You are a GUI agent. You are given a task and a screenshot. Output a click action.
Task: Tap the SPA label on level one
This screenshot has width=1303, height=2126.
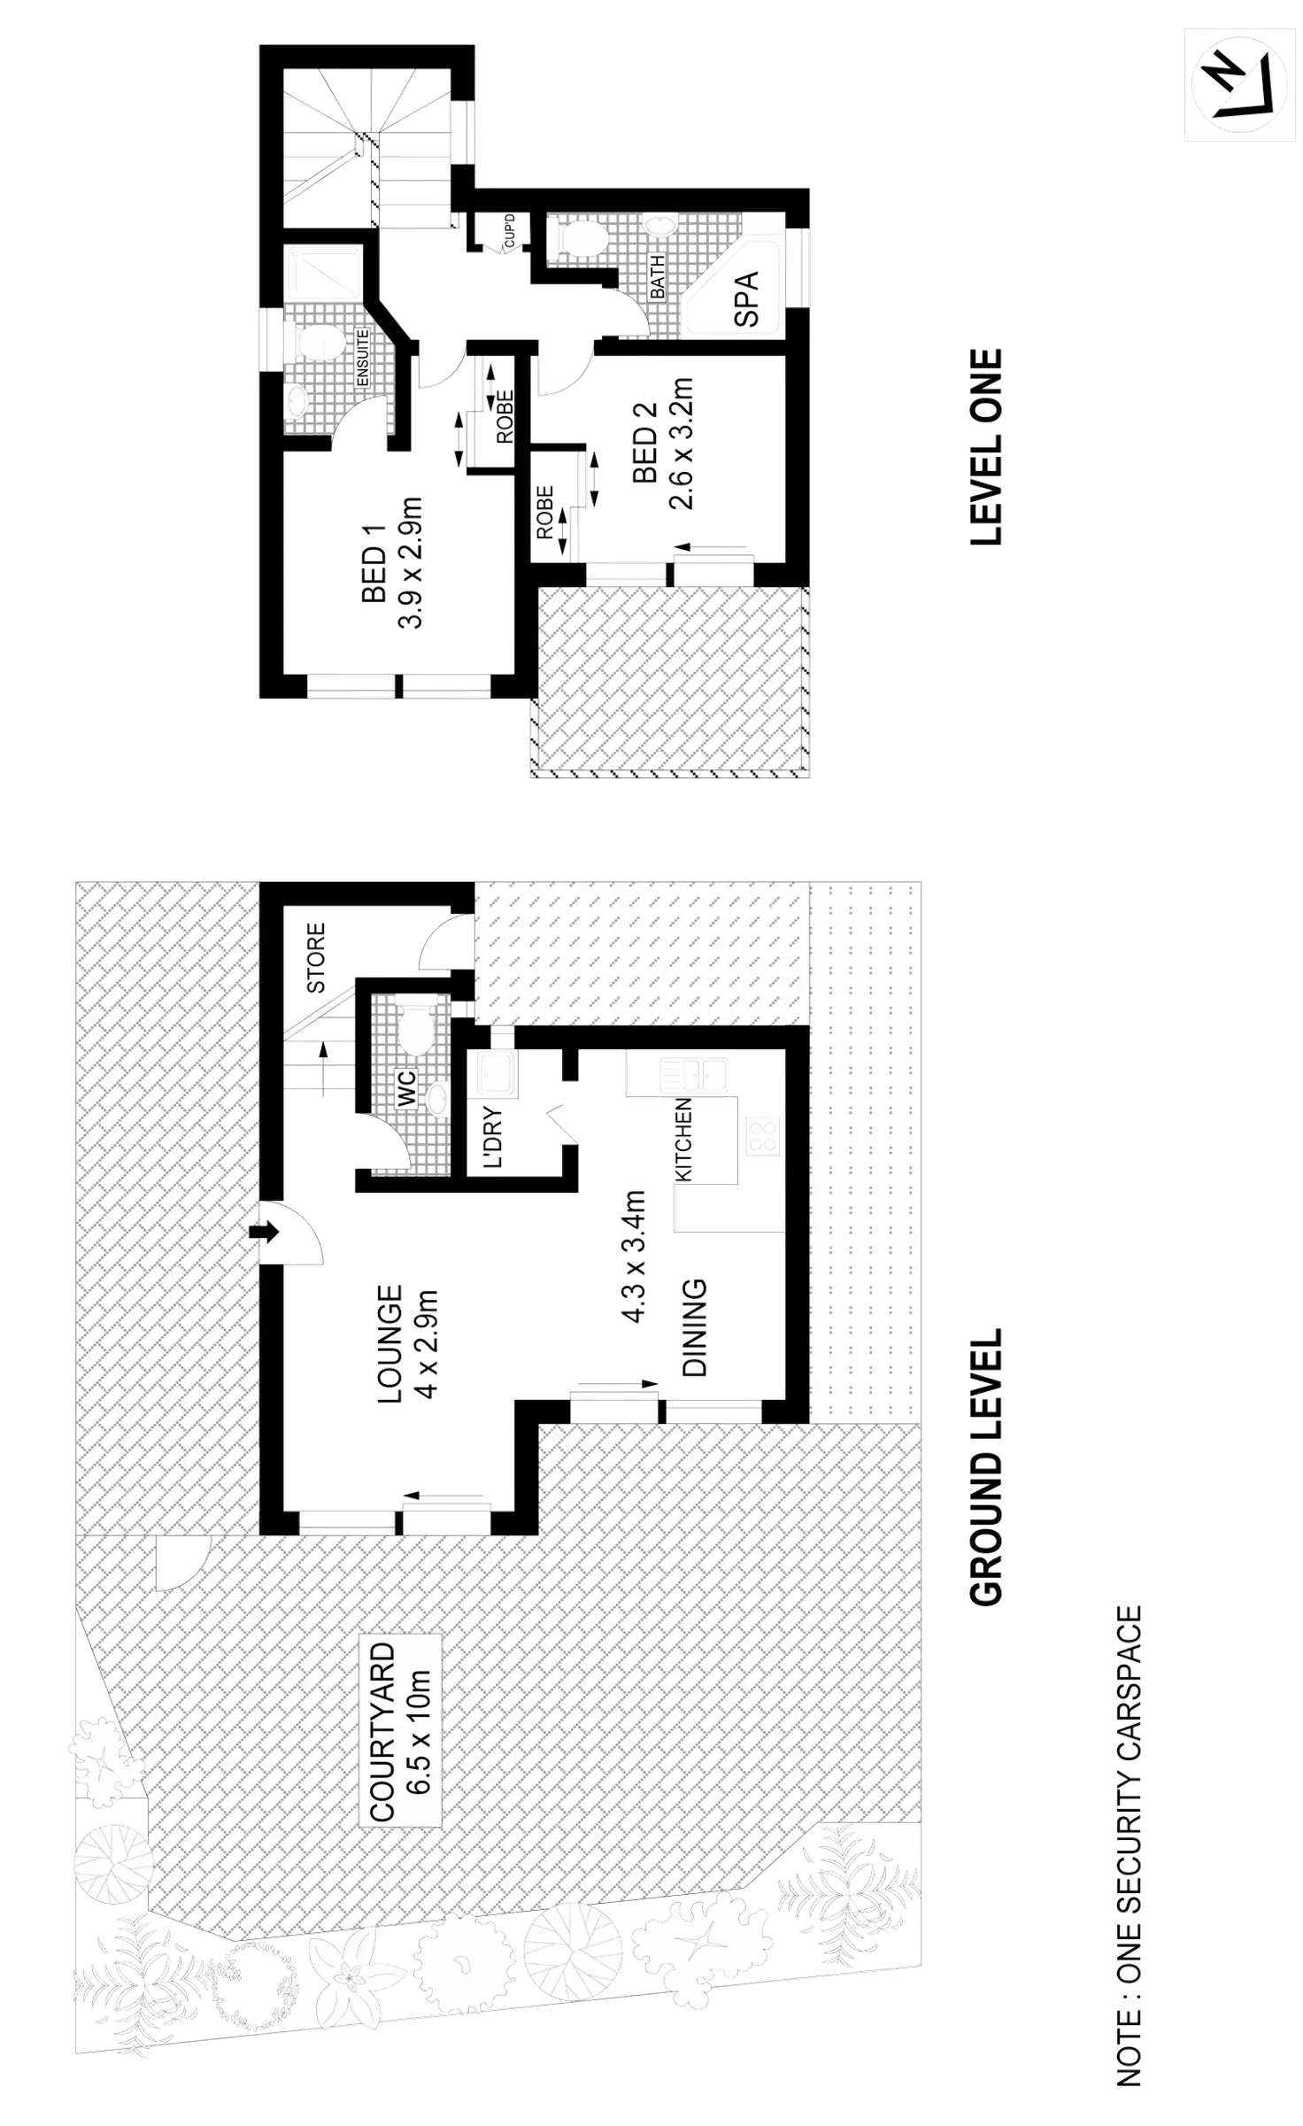[x=745, y=300]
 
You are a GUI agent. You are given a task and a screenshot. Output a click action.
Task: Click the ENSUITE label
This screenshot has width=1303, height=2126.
[x=362, y=358]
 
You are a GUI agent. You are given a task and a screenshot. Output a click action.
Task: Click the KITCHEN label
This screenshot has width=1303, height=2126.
[x=684, y=1139]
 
